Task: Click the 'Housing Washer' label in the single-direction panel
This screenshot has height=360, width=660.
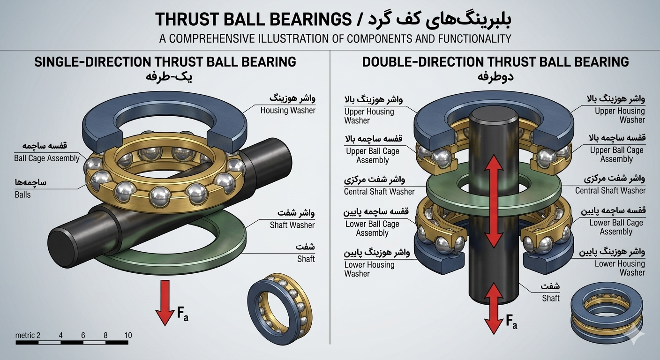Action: (288, 111)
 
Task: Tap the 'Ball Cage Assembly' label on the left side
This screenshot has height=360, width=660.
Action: (47, 158)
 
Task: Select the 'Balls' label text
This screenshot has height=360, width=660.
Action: (22, 195)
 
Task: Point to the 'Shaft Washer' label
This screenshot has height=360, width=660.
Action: (292, 225)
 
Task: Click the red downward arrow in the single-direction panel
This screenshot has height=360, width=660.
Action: (165, 302)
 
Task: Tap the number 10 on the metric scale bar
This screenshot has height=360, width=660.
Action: (128, 335)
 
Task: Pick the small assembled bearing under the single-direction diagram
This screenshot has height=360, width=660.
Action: (280, 305)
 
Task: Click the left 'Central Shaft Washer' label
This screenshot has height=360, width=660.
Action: (379, 192)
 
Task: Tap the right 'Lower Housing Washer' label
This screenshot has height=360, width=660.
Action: (620, 268)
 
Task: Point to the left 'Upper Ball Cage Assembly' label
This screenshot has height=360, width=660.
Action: (373, 156)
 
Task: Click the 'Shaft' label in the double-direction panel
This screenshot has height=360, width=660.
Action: (551, 299)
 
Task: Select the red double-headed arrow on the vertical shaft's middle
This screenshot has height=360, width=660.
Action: (494, 201)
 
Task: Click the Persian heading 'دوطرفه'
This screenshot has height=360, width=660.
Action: (495, 77)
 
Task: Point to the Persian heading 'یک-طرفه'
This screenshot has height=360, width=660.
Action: (169, 77)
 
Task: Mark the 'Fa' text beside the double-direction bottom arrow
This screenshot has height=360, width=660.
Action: (511, 322)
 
